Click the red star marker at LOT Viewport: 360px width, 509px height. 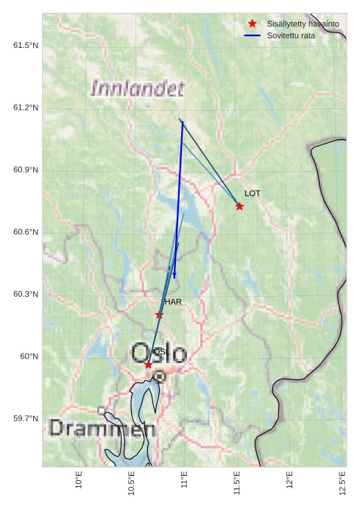click(x=239, y=206)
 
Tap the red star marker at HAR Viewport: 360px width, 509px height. click(x=159, y=315)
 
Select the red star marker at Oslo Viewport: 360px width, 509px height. click(x=149, y=365)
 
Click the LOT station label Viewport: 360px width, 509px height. click(x=253, y=193)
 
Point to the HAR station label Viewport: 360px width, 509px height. click(x=173, y=302)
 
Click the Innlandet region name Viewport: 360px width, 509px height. click(x=137, y=89)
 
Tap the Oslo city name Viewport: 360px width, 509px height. click(x=158, y=352)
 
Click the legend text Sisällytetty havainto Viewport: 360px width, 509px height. click(x=303, y=24)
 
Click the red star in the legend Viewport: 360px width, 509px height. click(x=253, y=24)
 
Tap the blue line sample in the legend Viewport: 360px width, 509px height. click(x=253, y=35)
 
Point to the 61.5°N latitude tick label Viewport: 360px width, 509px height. click(x=25, y=46)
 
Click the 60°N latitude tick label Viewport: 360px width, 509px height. click(x=28, y=357)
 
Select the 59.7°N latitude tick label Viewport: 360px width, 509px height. click(x=25, y=418)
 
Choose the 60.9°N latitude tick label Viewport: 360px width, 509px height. click(x=25, y=170)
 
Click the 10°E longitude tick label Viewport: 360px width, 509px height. click(x=80, y=480)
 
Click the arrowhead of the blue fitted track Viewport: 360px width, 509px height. click(x=174, y=276)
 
